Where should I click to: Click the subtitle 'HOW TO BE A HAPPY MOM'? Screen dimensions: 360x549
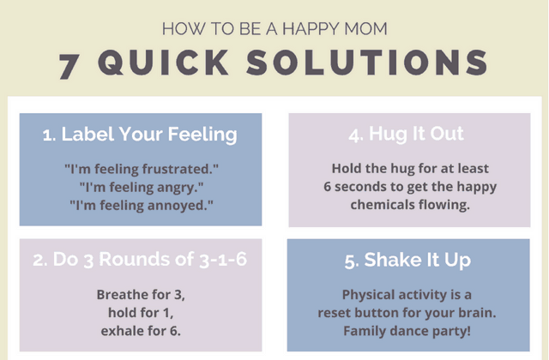pos(274,28)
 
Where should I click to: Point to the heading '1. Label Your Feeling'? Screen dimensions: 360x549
pos(140,135)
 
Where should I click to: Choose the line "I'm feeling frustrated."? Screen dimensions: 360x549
pos(142,168)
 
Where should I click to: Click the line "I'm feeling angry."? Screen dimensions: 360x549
pos(142,187)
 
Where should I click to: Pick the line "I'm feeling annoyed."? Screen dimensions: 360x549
pos(142,206)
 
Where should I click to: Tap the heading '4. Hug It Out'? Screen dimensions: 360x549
pos(406,134)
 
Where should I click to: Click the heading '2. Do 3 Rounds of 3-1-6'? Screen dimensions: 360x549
pos(140,260)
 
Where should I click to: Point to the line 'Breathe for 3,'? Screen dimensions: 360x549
pos(141,294)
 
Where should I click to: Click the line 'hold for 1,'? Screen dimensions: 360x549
pos(141,312)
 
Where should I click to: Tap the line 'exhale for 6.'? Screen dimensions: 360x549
pos(141,330)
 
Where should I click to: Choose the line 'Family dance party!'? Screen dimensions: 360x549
pos(406,331)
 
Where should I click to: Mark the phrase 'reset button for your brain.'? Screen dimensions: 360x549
pos(406,312)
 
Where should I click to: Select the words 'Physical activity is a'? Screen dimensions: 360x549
pos(406,294)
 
